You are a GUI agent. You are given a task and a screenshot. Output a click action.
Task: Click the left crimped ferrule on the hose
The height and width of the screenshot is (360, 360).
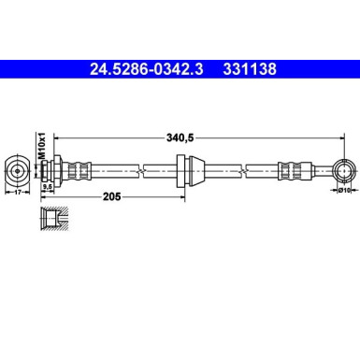click(x=79, y=170)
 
